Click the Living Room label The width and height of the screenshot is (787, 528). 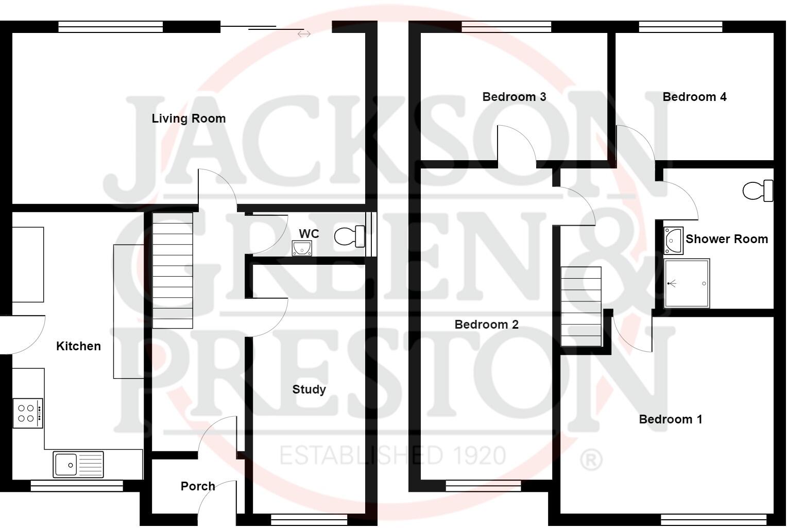click(x=189, y=118)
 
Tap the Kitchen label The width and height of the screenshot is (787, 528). click(x=78, y=346)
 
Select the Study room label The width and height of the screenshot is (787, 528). click(x=309, y=389)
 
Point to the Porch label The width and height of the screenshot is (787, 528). click(x=198, y=486)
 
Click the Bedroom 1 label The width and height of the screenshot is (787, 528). click(x=670, y=419)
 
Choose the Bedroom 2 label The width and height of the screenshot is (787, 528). click(x=486, y=325)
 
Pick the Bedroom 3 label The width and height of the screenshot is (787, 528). click(x=514, y=97)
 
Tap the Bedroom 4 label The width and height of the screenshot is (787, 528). click(x=694, y=97)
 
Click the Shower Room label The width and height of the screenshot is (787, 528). click(x=726, y=239)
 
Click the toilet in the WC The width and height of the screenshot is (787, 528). click(x=349, y=236)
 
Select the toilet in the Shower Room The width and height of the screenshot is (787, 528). click(x=758, y=191)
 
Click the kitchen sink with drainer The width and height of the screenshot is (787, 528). click(x=78, y=464)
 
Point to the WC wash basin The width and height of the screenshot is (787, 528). click(x=302, y=248)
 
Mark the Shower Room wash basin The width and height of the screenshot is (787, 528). click(x=673, y=241)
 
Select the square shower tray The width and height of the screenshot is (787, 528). click(x=687, y=283)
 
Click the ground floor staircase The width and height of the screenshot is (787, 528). click(x=173, y=270)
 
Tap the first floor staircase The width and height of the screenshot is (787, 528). click(x=581, y=306)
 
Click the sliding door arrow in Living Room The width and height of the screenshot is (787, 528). click(x=304, y=34)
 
